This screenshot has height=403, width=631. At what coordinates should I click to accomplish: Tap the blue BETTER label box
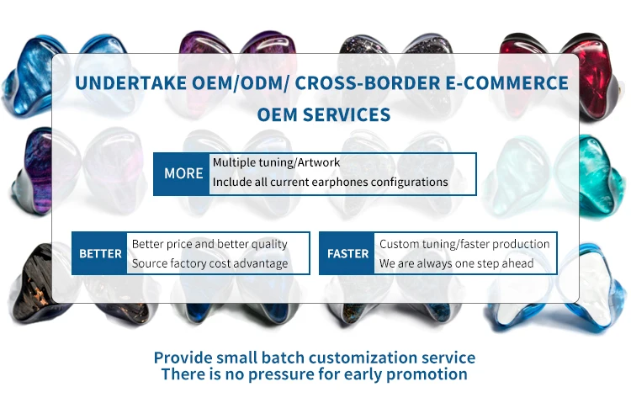(99, 253)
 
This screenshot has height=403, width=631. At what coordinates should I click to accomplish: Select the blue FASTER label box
(347, 253)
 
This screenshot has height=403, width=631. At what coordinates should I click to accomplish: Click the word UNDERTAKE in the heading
(130, 83)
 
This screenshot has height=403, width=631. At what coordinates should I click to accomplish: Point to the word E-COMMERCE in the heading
(506, 83)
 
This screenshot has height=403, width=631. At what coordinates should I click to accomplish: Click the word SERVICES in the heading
(347, 114)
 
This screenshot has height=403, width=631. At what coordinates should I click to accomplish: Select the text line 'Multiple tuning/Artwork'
(276, 162)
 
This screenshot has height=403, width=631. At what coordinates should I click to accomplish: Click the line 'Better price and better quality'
(209, 244)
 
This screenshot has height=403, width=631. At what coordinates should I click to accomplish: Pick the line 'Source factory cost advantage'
(210, 263)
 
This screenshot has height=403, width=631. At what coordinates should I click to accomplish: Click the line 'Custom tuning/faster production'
(464, 244)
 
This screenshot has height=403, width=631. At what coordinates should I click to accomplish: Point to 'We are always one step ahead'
(456, 263)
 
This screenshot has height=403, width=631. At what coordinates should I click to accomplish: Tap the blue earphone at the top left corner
(34, 77)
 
